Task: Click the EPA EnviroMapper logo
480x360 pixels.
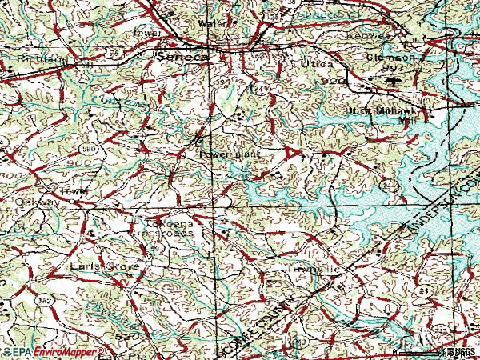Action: tap(52, 350)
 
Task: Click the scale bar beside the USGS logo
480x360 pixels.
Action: tap(416, 351)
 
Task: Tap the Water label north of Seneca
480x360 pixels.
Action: tap(213, 24)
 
